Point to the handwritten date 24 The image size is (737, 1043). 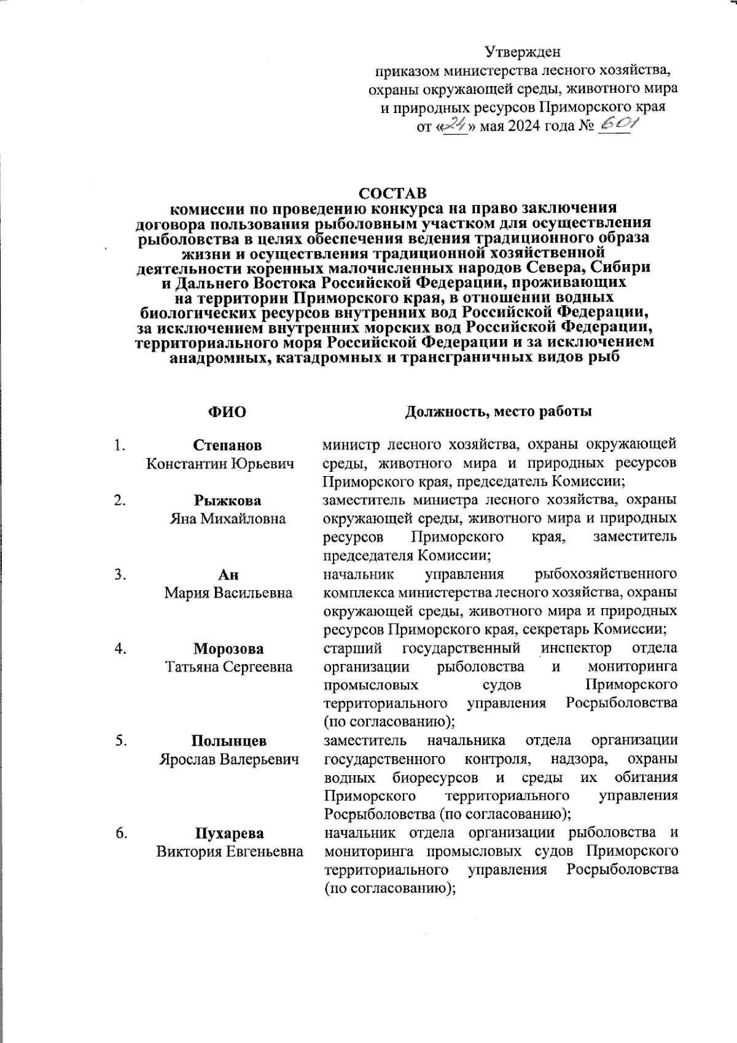(455, 127)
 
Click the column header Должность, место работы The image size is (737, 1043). (498, 412)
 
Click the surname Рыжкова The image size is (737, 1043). (228, 501)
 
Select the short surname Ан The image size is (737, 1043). (228, 574)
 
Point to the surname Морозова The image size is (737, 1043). (228, 649)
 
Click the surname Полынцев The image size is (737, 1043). (228, 741)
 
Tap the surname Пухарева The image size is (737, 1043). (228, 834)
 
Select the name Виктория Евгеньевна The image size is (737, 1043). (229, 852)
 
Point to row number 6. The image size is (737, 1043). (120, 834)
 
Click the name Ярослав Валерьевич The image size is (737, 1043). (229, 759)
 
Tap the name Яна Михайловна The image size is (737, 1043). (228, 519)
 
